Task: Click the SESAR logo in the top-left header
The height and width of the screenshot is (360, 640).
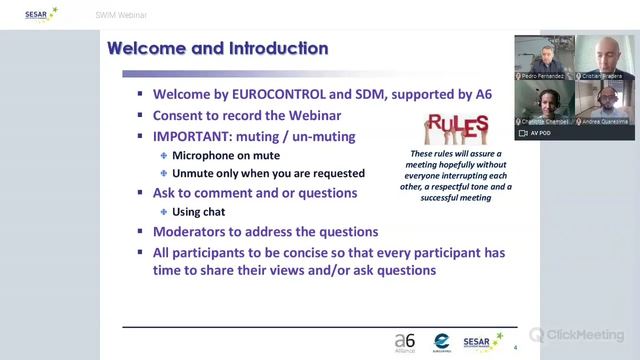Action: pyautogui.click(x=41, y=15)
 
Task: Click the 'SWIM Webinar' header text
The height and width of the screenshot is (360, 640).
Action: pyautogui.click(x=121, y=15)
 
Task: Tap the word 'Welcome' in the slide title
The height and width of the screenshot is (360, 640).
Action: pyautogui.click(x=147, y=48)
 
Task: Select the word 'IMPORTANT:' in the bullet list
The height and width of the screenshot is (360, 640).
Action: pyautogui.click(x=192, y=136)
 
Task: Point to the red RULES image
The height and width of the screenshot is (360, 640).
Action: pyautogui.click(x=456, y=129)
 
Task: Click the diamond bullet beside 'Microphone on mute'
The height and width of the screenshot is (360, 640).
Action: pyautogui.click(x=163, y=155)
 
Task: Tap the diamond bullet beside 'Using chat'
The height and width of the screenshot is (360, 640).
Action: pyautogui.click(x=163, y=212)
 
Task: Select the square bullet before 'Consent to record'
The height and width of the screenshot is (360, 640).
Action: pyautogui.click(x=139, y=115)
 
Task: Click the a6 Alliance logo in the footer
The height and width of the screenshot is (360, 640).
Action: pyautogui.click(x=405, y=343)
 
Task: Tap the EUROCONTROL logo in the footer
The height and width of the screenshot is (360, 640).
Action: pyautogui.click(x=442, y=343)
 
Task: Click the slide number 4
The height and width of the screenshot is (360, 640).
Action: pyautogui.click(x=515, y=347)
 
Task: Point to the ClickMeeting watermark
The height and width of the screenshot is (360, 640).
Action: pyautogui.click(x=576, y=335)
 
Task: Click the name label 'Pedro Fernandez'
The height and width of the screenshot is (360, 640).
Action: pyautogui.click(x=542, y=76)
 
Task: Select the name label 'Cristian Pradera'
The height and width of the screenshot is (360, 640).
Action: pyautogui.click(x=602, y=76)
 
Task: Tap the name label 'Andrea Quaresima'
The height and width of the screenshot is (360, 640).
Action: pyautogui.click(x=605, y=121)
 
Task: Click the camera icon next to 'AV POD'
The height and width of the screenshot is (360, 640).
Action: pyautogui.click(x=523, y=133)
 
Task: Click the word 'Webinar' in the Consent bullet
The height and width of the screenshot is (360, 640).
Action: pyautogui.click(x=315, y=115)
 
